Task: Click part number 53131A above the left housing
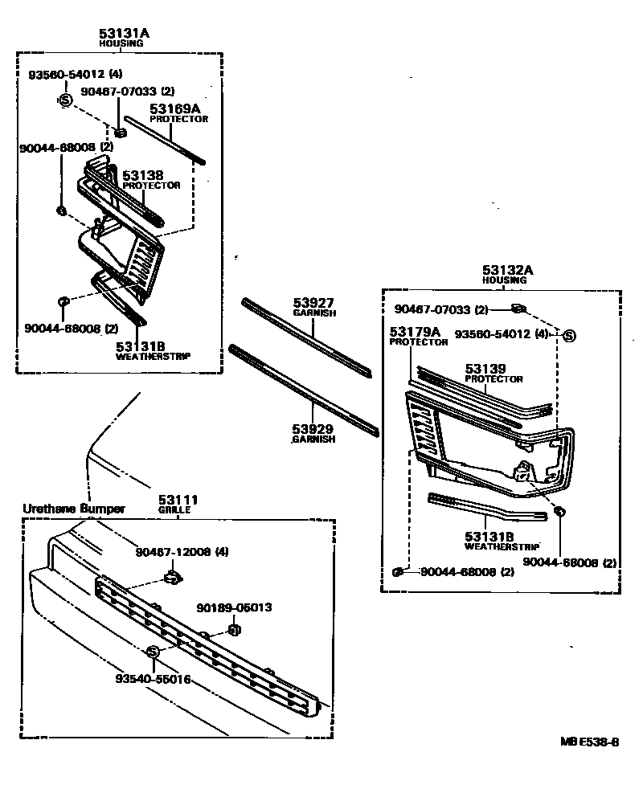point(125,33)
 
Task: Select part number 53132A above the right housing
point(508,270)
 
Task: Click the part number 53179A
point(416,331)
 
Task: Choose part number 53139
point(485,369)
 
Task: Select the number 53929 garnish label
point(313,430)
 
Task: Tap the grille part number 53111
point(178,501)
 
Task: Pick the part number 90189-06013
point(234,608)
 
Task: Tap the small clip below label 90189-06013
point(235,628)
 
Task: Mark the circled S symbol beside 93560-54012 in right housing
point(568,335)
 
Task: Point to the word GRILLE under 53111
point(178,510)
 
